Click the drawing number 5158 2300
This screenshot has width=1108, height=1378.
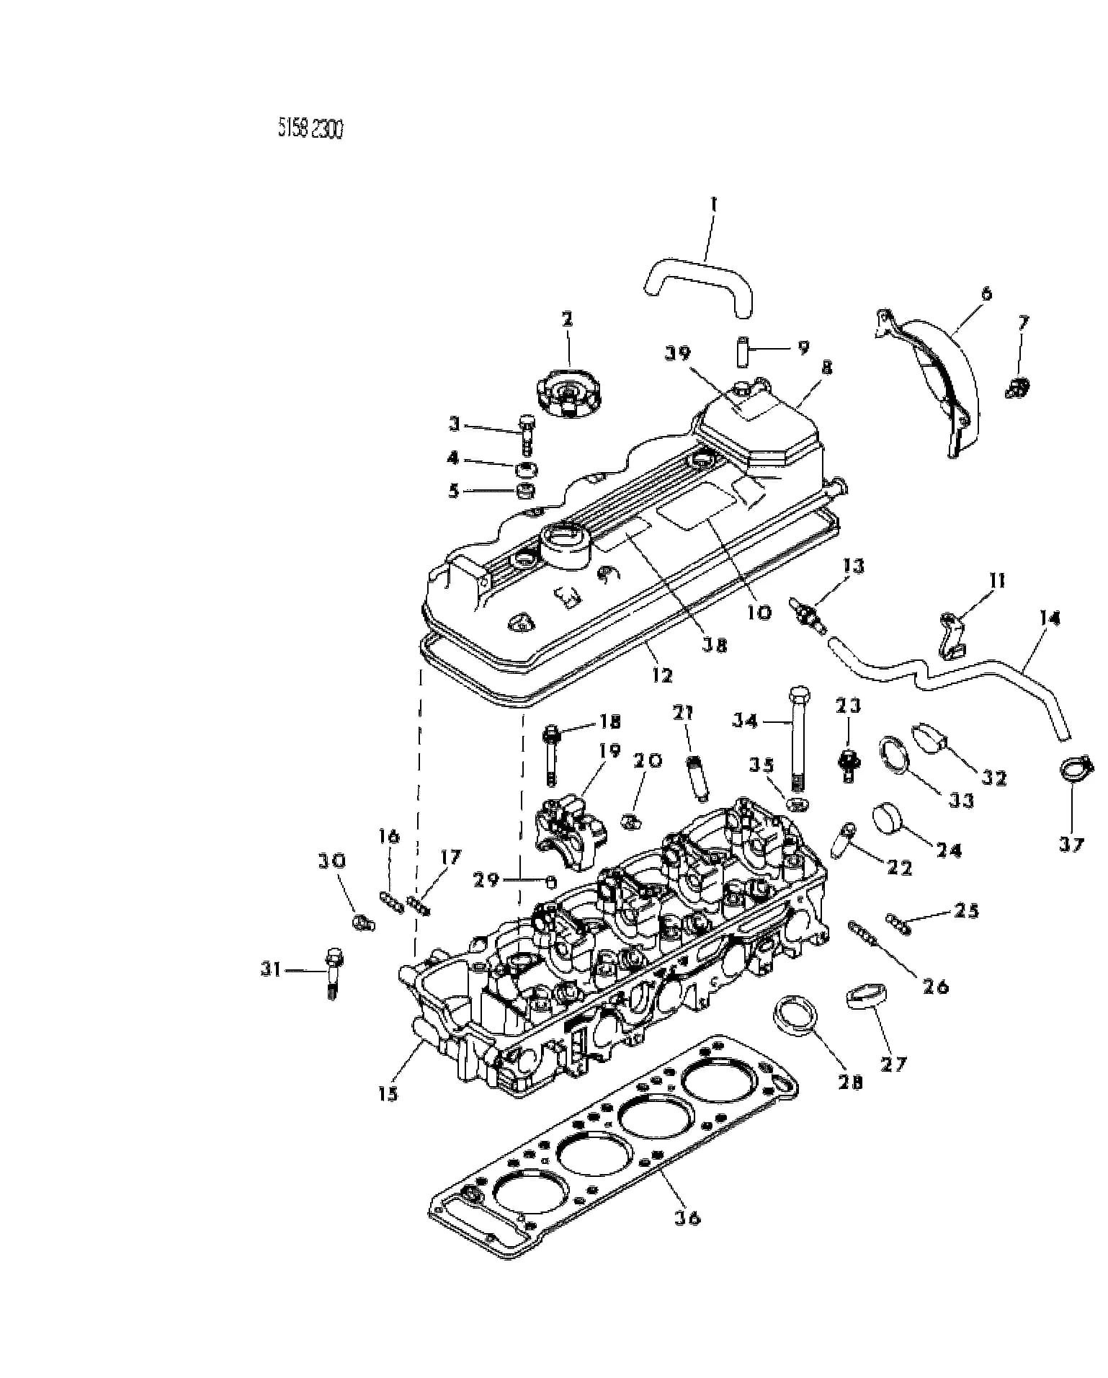tap(310, 130)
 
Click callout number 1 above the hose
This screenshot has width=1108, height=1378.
tap(713, 205)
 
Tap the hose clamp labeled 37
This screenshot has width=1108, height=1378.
tap(1071, 768)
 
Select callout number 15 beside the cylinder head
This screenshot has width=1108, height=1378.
tap(388, 1093)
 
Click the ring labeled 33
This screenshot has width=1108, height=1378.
tap(893, 756)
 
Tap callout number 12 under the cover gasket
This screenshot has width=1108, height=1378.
tap(661, 675)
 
